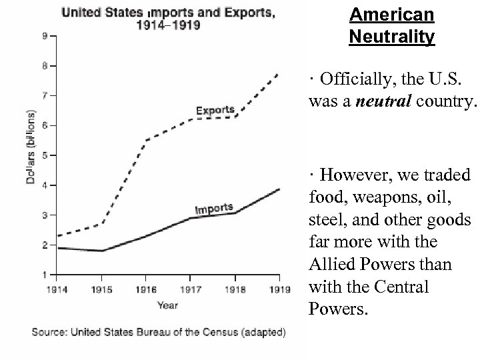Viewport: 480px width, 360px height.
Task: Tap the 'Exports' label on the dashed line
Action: (x=215, y=110)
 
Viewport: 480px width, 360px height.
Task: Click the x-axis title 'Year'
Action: (x=167, y=305)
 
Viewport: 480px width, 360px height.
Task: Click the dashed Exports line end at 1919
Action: (x=279, y=73)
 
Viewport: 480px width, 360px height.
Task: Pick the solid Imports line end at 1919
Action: (x=279, y=189)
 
